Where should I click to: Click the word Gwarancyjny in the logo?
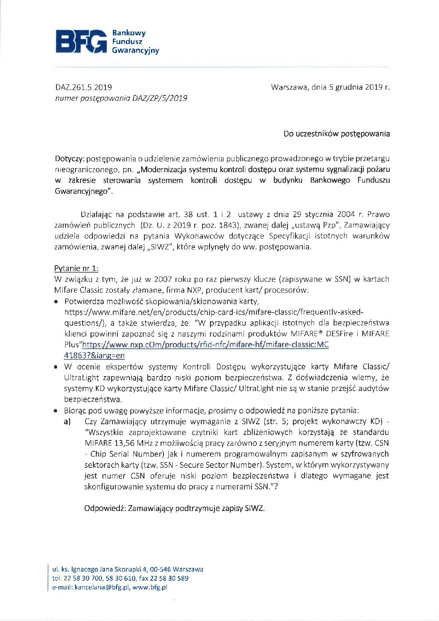tap(135, 51)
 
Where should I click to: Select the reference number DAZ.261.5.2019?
tap(83, 87)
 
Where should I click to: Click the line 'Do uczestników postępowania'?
tap(337, 134)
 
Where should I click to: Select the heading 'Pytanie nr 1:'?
tap(76, 268)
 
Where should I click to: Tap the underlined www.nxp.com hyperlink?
tap(206, 345)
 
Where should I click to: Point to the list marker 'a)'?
tap(67, 421)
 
